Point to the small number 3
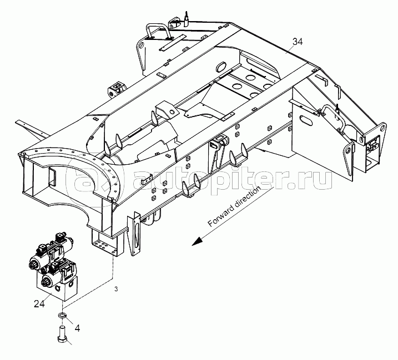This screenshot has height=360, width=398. coord(116,290)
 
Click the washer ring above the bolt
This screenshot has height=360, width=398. coord(64,317)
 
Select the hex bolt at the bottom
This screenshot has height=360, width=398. coord(61,335)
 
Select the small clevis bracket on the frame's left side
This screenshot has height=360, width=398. coord(117,89)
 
